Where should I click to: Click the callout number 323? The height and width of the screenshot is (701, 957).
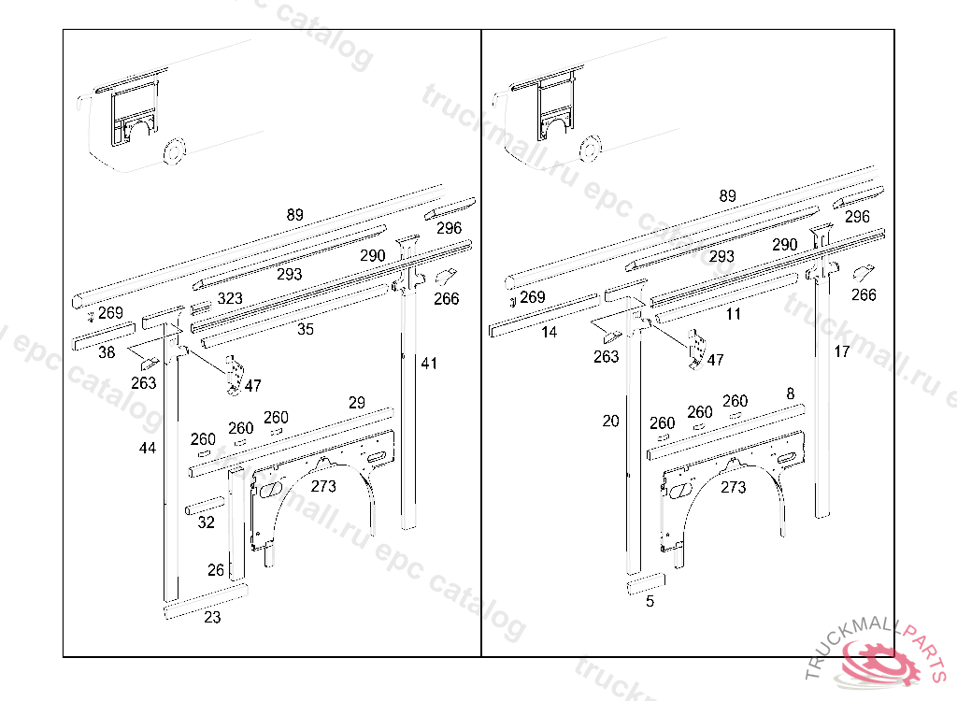click(x=230, y=299)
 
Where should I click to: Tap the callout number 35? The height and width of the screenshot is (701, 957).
click(x=306, y=329)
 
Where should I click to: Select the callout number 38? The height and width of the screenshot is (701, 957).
click(x=107, y=352)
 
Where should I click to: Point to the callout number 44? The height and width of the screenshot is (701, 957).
click(x=148, y=449)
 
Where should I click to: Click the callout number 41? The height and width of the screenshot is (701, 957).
click(x=429, y=363)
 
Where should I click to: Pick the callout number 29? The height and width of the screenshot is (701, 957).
click(x=357, y=403)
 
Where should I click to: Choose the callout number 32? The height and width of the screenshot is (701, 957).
click(x=207, y=522)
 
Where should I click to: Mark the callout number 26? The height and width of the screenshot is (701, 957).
click(x=216, y=570)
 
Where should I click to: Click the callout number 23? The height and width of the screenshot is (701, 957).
click(x=212, y=618)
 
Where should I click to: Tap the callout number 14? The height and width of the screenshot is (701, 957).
click(x=550, y=332)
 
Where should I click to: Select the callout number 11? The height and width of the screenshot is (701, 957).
click(x=734, y=314)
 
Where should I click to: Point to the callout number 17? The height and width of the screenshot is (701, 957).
click(x=842, y=351)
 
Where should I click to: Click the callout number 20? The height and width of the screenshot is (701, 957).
click(x=610, y=422)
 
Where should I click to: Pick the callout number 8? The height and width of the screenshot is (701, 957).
click(x=791, y=393)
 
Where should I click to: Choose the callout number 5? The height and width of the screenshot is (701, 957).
click(x=650, y=602)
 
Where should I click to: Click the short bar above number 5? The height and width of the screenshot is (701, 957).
click(x=646, y=584)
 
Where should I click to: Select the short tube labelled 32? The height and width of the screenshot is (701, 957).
click(x=205, y=508)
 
